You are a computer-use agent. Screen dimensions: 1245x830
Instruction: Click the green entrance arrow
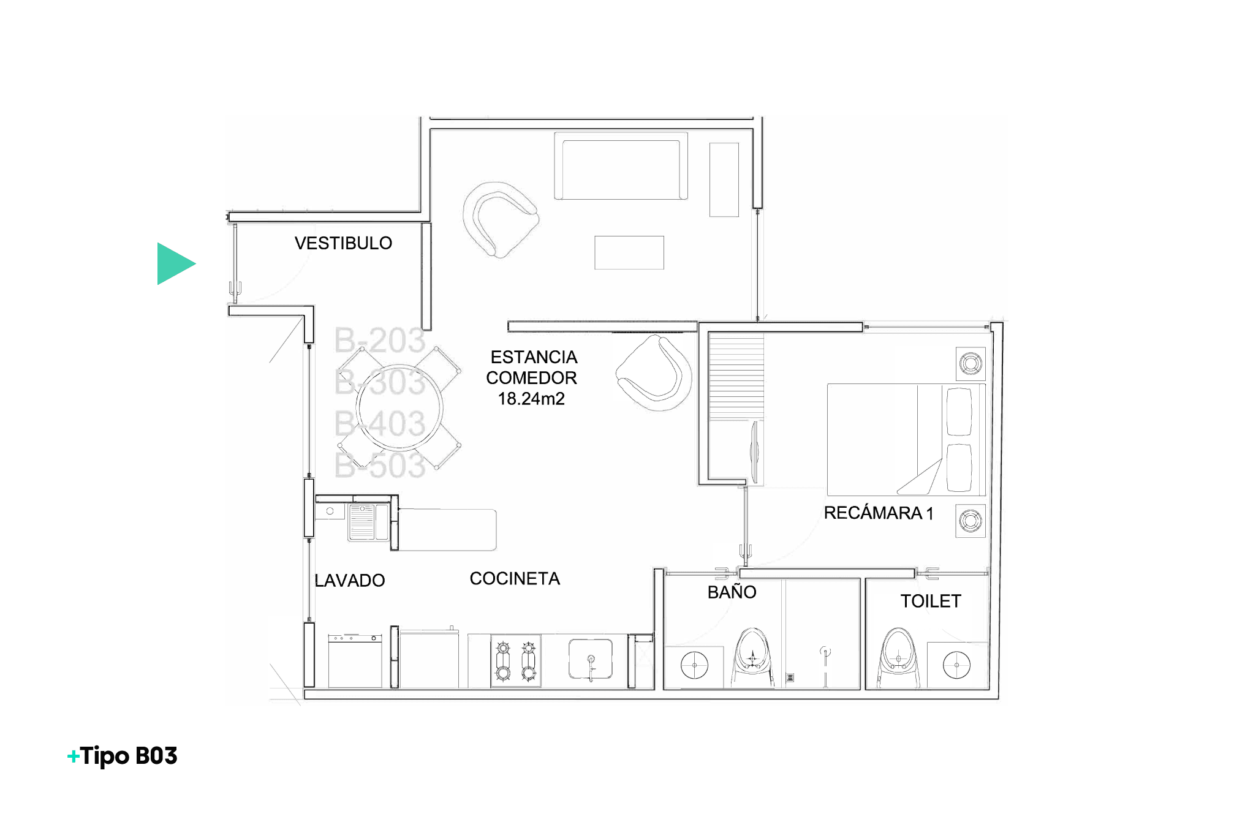[x=175, y=264]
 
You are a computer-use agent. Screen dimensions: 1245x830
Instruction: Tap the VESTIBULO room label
[x=343, y=243]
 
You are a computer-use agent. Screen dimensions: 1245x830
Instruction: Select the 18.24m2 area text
[x=531, y=399]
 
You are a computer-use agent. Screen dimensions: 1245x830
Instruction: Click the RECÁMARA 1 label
[x=878, y=513]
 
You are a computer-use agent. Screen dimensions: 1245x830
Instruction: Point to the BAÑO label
[x=732, y=592]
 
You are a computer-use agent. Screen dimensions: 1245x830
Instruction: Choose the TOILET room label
[x=931, y=601]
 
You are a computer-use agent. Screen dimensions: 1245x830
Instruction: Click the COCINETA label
[x=515, y=578]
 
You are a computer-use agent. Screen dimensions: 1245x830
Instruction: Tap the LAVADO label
[x=349, y=580]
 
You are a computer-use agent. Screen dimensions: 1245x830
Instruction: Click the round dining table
[x=399, y=408]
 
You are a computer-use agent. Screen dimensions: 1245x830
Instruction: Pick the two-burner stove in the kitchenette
[x=515, y=660]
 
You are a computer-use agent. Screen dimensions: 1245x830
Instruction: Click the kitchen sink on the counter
[x=591, y=659]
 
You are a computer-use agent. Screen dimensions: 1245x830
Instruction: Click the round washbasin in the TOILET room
[x=956, y=665]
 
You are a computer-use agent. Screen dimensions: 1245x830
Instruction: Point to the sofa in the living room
[x=621, y=166]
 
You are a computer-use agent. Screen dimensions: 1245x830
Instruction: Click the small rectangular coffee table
[x=629, y=252]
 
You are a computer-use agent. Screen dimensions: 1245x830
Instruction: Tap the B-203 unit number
[x=380, y=340]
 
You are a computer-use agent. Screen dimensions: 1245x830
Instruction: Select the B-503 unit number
[x=380, y=465]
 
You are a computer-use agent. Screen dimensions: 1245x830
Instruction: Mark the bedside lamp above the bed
[x=971, y=364]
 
